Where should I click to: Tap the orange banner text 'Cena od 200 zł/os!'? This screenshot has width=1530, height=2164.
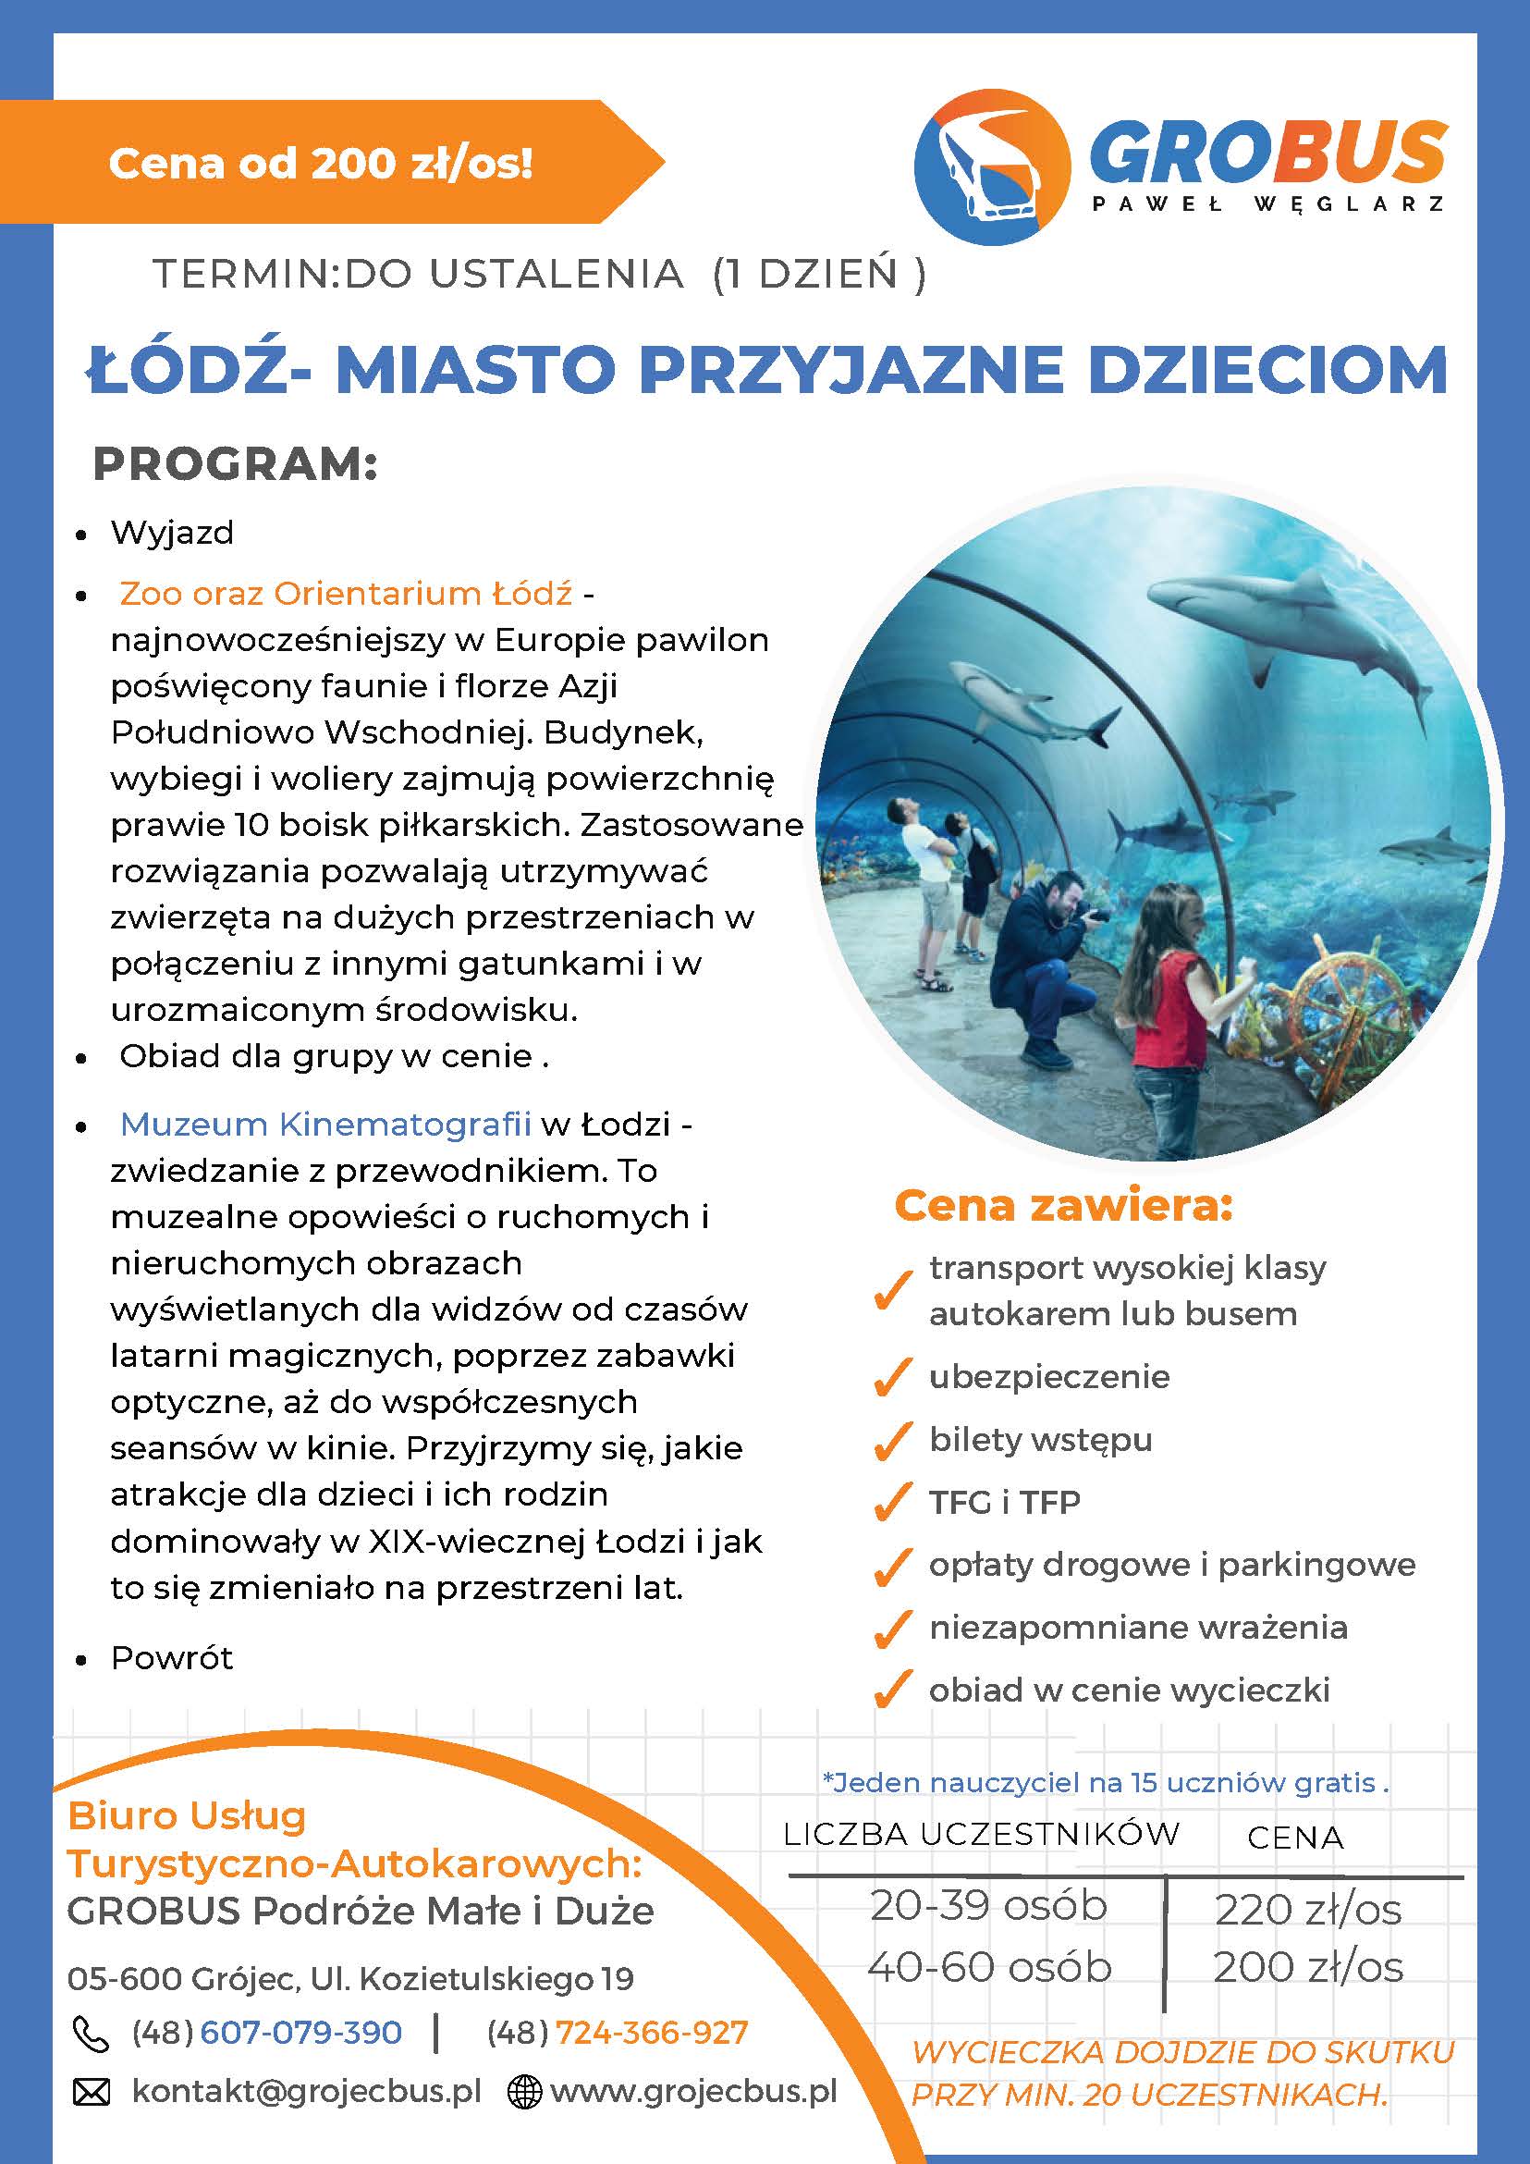pyautogui.click(x=320, y=163)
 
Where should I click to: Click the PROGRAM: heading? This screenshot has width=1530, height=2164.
pyautogui.click(x=235, y=464)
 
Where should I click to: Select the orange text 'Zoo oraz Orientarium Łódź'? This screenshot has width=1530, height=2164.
pyautogui.click(x=346, y=594)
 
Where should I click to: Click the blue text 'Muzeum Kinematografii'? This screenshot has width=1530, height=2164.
pyautogui.click(x=326, y=1125)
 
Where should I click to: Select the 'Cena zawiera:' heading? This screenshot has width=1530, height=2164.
pyautogui.click(x=1063, y=1206)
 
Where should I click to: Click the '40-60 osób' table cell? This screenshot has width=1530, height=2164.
pyautogui.click(x=989, y=1967)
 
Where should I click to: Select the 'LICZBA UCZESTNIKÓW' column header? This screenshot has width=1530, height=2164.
pyautogui.click(x=981, y=1834)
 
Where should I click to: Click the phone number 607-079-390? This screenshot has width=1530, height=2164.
pyautogui.click(x=300, y=2033)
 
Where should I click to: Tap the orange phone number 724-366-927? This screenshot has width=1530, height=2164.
pyautogui.click(x=651, y=2033)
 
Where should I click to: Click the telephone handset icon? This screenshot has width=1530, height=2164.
pyautogui.click(x=91, y=2034)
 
